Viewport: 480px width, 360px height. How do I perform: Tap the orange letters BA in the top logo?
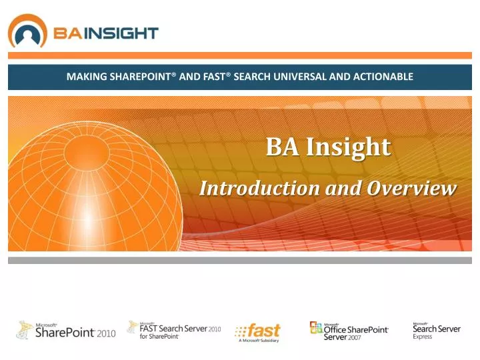click(68, 33)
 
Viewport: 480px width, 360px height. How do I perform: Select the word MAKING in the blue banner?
click(85, 77)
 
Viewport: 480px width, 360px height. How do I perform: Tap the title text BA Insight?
click(328, 147)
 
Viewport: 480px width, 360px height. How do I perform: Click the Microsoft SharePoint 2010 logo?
click(66, 330)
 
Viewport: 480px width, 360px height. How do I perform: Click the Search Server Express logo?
click(436, 330)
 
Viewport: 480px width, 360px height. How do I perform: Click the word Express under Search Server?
click(422, 337)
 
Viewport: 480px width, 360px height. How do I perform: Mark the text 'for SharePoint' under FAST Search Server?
click(159, 336)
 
